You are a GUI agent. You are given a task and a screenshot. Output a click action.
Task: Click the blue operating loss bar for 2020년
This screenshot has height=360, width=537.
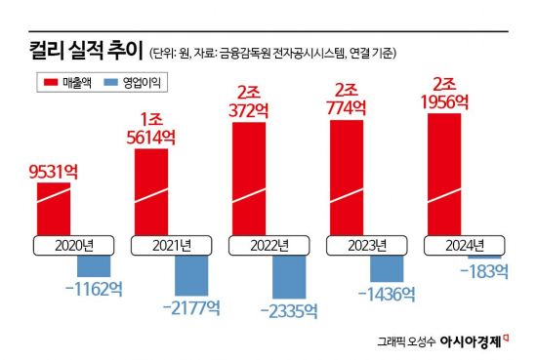coord(94,264)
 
